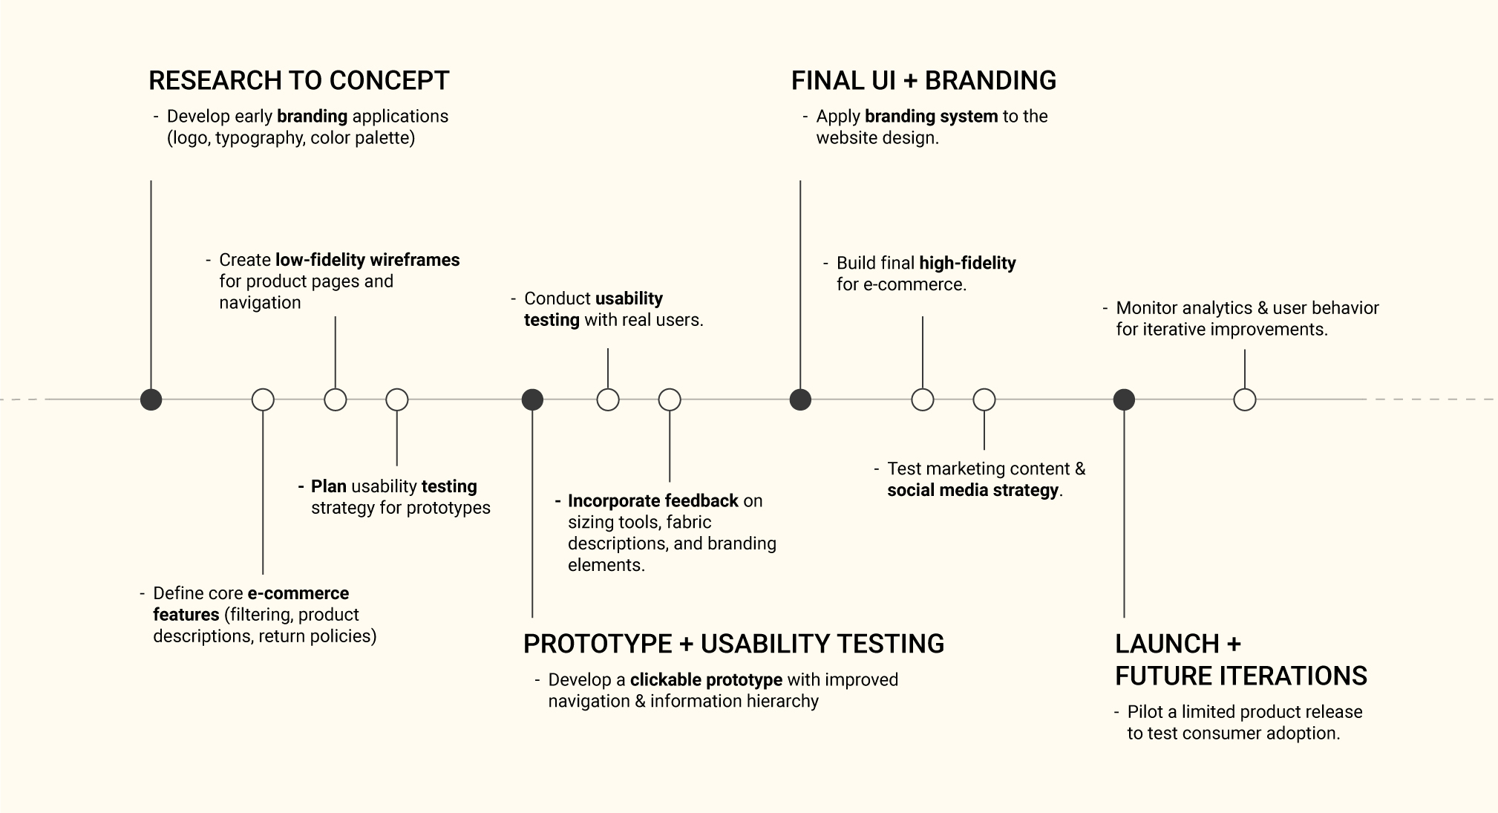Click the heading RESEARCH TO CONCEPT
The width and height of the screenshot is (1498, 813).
299,80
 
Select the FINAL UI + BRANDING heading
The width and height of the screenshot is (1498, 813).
923,80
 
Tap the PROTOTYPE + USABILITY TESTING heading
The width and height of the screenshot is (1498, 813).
733,644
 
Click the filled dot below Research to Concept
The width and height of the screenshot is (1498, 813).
151,399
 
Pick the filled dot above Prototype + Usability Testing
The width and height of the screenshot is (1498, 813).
532,399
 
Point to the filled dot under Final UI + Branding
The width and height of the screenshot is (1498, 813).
800,399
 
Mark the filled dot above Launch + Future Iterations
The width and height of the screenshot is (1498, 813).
1124,399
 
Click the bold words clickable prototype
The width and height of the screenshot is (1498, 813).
706,680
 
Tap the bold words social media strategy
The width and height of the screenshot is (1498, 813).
972,490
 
